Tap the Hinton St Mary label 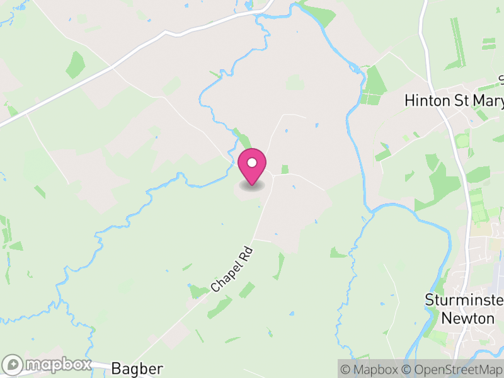pyautogui.click(x=454, y=101)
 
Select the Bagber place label pyautogui.click(x=137, y=369)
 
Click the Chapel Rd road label pyautogui.click(x=231, y=269)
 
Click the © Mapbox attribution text pyautogui.click(x=372, y=369)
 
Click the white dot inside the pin pyautogui.click(x=252, y=163)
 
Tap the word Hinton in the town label pyautogui.click(x=424, y=101)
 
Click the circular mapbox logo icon pyautogui.click(x=13, y=365)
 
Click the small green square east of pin pyautogui.click(x=285, y=169)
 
